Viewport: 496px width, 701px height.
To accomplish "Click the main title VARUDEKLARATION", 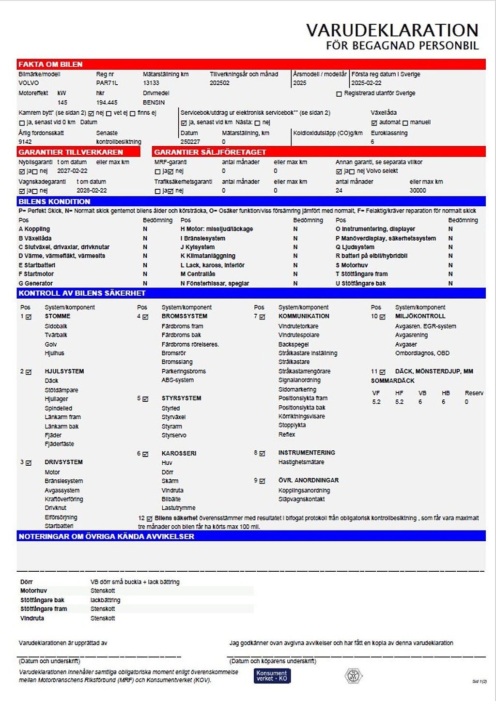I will click(392, 30).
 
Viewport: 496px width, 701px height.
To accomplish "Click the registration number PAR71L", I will click(107, 83).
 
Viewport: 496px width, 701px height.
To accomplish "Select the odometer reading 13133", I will click(151, 83).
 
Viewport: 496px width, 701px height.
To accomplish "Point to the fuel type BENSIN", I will click(154, 103).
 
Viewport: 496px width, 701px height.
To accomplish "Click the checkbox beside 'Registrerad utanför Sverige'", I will click(339, 94).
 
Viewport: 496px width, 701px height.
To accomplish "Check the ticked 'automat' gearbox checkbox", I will click(374, 123).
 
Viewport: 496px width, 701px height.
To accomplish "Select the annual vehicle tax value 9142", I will click(25, 142).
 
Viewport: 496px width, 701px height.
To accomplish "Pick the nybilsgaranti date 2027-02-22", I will click(72, 171).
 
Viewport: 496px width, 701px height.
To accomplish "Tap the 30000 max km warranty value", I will click(418, 191).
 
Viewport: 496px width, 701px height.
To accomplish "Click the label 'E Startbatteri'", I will click(37, 265).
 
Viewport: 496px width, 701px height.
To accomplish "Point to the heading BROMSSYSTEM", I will click(184, 316).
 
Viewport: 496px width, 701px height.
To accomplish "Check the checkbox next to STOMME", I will click(29, 317).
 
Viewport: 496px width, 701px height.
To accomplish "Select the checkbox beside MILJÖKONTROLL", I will click(382, 317).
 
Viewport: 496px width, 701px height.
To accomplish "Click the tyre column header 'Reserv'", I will click(474, 393).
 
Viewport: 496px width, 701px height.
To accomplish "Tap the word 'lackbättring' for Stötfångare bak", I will click(105, 600).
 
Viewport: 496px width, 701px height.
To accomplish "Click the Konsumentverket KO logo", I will click(272, 676).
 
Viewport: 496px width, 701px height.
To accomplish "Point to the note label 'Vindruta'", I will click(32, 618).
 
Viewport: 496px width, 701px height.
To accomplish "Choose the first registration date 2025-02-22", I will click(366, 83).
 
